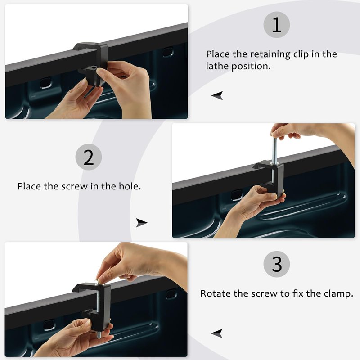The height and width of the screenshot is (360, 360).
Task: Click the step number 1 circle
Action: tap(276, 25)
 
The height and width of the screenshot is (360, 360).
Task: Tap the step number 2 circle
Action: tap(88, 157)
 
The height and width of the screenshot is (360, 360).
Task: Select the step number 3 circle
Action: tap(276, 264)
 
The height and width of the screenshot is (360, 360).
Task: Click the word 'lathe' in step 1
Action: tap(217, 66)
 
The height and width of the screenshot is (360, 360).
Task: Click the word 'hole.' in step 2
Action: tap(130, 186)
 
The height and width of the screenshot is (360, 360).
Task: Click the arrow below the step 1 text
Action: tap(217, 95)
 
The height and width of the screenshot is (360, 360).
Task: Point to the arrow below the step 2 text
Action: tap(141, 223)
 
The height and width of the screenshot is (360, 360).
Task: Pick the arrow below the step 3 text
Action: tap(217, 333)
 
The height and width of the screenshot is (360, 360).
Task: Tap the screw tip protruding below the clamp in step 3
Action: tap(99, 334)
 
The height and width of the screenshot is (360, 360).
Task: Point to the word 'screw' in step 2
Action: tap(74, 186)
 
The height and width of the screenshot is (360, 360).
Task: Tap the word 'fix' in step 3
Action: tap(298, 294)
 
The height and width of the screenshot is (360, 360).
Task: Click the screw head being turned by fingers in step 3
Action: tap(97, 282)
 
